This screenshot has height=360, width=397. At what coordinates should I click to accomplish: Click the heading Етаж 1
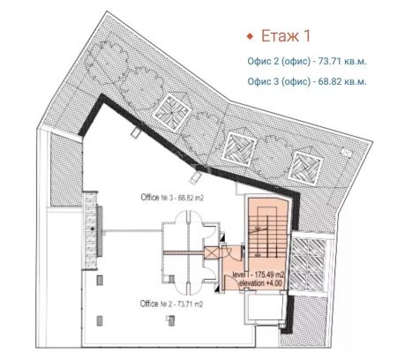pos(286,36)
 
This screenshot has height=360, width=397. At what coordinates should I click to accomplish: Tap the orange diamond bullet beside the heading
pos(250,36)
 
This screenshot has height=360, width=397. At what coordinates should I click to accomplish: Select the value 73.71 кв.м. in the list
pos(342,62)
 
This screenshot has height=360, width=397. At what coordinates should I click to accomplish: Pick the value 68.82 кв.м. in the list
pos(342,81)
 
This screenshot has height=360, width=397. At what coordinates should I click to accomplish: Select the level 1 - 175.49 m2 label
pos(258,275)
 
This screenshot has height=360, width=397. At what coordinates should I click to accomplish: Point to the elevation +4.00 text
pos(260,283)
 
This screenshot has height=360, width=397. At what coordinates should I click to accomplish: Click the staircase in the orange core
pos(267,232)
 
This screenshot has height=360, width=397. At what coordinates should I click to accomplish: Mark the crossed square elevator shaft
pos(211,252)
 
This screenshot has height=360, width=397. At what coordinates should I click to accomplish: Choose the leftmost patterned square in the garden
pos(172,112)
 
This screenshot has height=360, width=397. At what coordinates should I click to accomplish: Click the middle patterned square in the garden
pos(239,149)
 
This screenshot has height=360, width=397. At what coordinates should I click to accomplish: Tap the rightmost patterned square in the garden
pos(305,168)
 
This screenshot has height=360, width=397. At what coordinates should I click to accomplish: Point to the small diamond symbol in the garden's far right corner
pos(347,152)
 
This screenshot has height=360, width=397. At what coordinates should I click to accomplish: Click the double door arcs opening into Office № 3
pos(188,218)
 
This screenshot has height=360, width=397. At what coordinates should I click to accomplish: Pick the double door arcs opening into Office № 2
pos(188,287)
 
